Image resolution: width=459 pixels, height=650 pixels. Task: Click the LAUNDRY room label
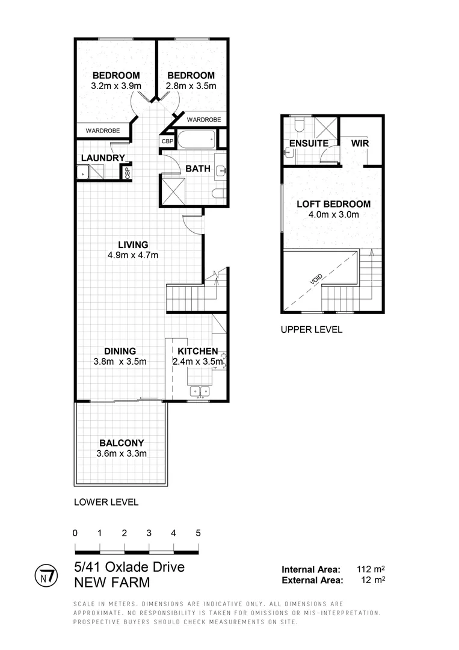(102, 158)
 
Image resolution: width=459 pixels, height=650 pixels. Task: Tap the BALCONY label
(122, 443)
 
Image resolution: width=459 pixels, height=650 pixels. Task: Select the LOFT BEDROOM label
(333, 204)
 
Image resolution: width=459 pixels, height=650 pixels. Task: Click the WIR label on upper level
(360, 144)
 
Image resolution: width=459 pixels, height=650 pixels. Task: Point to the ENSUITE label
(309, 144)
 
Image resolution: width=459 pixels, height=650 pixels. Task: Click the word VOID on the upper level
(316, 279)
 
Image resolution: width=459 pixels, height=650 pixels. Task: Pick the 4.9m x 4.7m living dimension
(132, 255)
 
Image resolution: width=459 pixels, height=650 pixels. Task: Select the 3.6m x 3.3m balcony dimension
(122, 454)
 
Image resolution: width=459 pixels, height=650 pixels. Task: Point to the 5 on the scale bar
(198, 533)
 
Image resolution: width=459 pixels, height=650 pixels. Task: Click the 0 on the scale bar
(75, 533)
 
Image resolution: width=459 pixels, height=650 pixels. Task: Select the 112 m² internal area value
(370, 569)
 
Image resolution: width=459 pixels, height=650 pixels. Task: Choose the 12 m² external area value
(372, 580)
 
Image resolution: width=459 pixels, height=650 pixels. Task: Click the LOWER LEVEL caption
(106, 502)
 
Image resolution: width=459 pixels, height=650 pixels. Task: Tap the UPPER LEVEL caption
(311, 329)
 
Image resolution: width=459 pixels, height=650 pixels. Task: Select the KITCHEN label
(197, 351)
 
